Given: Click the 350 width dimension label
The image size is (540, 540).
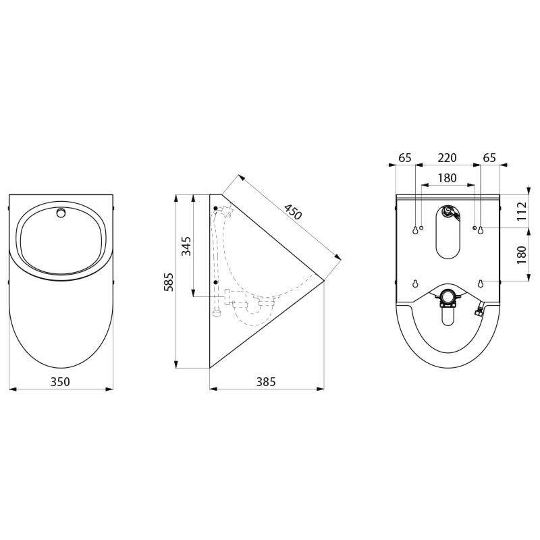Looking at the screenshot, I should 61,382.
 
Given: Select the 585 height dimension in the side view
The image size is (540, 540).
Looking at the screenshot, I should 168,281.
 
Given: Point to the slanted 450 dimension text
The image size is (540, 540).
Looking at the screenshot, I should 292,211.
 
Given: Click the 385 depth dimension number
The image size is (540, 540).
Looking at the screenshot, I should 266,382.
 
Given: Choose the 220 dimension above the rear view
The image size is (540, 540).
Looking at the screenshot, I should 447,158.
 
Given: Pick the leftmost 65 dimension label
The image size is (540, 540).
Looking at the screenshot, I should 405,158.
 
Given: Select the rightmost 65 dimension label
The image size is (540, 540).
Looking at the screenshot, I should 489,158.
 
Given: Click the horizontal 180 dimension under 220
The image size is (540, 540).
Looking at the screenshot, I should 447,178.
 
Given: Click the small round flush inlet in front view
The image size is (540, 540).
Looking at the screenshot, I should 61,213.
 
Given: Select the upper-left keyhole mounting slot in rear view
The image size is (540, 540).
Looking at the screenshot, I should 414,230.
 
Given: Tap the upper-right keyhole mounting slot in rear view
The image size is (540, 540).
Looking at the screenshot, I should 481,230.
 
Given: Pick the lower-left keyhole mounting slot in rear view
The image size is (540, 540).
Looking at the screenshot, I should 414,283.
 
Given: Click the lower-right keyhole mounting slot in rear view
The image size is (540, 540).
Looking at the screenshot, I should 481,283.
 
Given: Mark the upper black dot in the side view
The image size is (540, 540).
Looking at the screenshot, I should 215,208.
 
